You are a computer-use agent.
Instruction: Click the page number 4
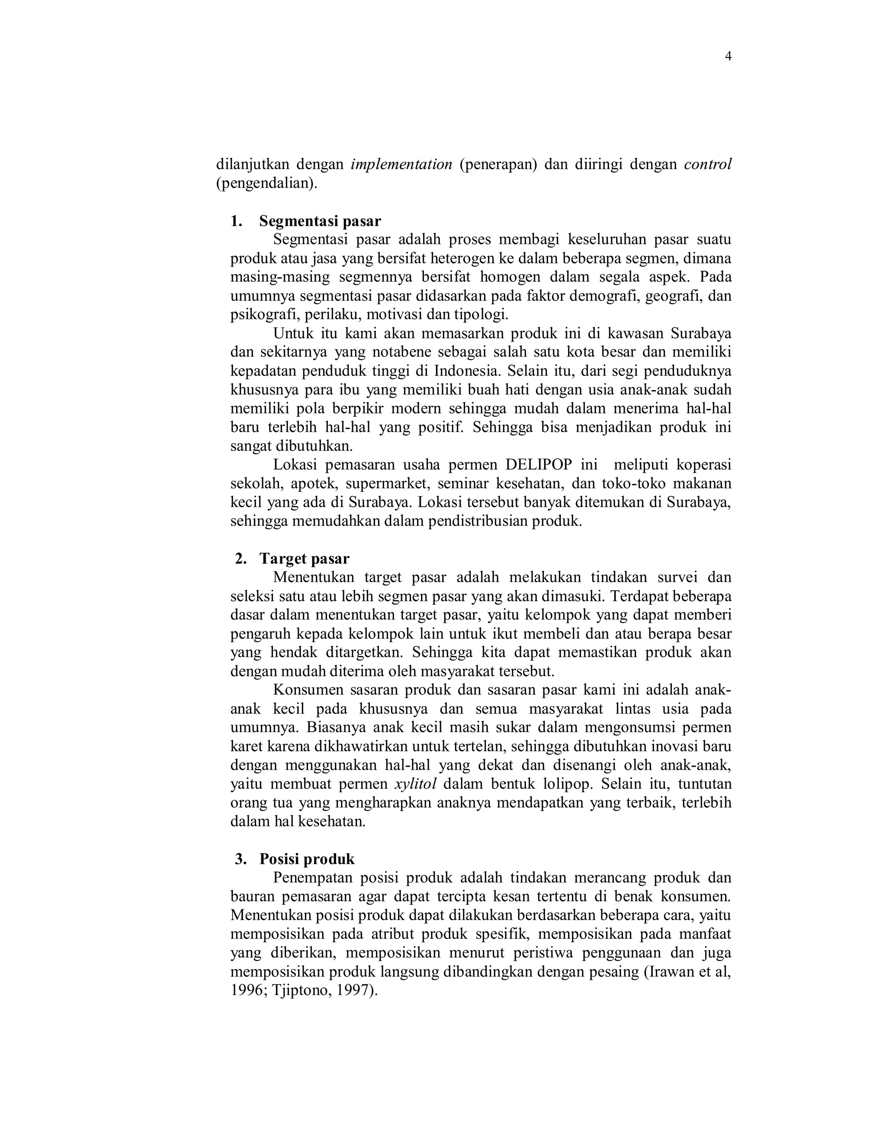pos(728,57)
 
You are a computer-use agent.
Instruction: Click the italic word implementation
pos(401,165)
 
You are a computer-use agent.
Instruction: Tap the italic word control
pos(707,165)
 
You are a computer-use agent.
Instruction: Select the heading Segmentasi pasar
pos(320,221)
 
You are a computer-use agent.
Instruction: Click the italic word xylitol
pos(415,784)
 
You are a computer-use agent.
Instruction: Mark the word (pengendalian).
pos(266,184)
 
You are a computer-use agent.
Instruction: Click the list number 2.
pos(241,559)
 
